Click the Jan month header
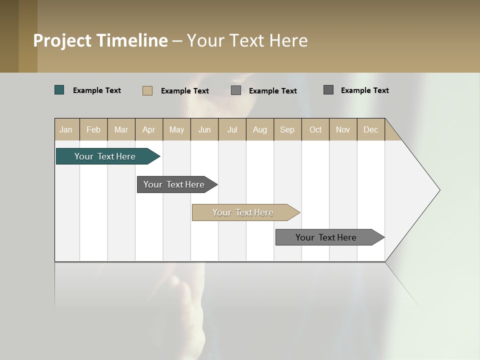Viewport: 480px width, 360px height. [x=66, y=129]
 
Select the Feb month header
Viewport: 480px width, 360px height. [x=93, y=129]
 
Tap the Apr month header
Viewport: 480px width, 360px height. [x=149, y=129]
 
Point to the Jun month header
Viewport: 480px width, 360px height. [x=204, y=129]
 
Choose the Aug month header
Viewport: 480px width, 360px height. [x=260, y=129]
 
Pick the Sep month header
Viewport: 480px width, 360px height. [x=287, y=129]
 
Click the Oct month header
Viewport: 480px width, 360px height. [x=315, y=129]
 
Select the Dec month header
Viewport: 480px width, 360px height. [x=371, y=129]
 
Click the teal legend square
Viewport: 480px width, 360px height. [x=59, y=90]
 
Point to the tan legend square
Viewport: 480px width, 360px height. [x=147, y=90]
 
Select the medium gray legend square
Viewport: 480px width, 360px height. [x=236, y=90]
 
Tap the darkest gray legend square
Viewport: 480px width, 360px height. [x=328, y=90]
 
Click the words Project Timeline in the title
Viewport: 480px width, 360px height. [x=100, y=40]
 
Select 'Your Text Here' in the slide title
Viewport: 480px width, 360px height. [x=247, y=40]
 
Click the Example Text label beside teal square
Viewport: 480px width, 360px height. [x=97, y=90]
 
